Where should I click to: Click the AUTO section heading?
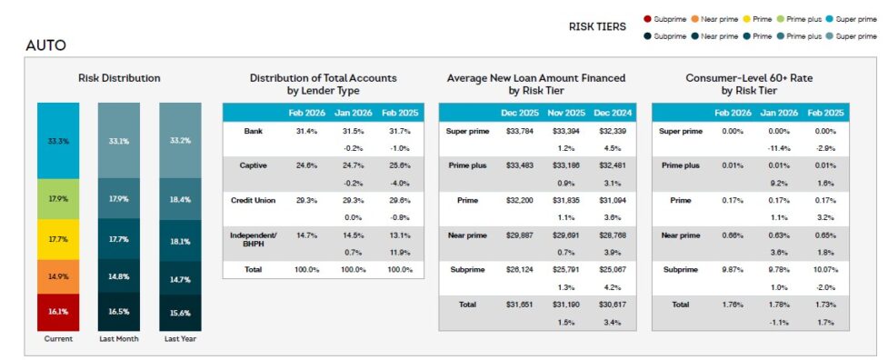click(45, 45)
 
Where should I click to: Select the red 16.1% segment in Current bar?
click(58, 311)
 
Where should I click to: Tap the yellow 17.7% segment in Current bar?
click(58, 239)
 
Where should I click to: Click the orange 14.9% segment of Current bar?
click(58, 276)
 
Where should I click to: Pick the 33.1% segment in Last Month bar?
click(119, 141)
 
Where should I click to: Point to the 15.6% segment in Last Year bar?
click(180, 313)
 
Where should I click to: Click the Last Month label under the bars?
click(119, 339)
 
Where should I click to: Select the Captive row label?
click(253, 165)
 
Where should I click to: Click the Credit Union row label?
click(253, 200)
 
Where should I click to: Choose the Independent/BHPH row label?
click(253, 238)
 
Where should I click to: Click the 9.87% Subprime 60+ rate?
click(732, 269)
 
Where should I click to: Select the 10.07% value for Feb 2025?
click(825, 269)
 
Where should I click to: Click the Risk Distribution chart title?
click(119, 78)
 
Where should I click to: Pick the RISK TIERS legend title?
click(597, 26)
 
